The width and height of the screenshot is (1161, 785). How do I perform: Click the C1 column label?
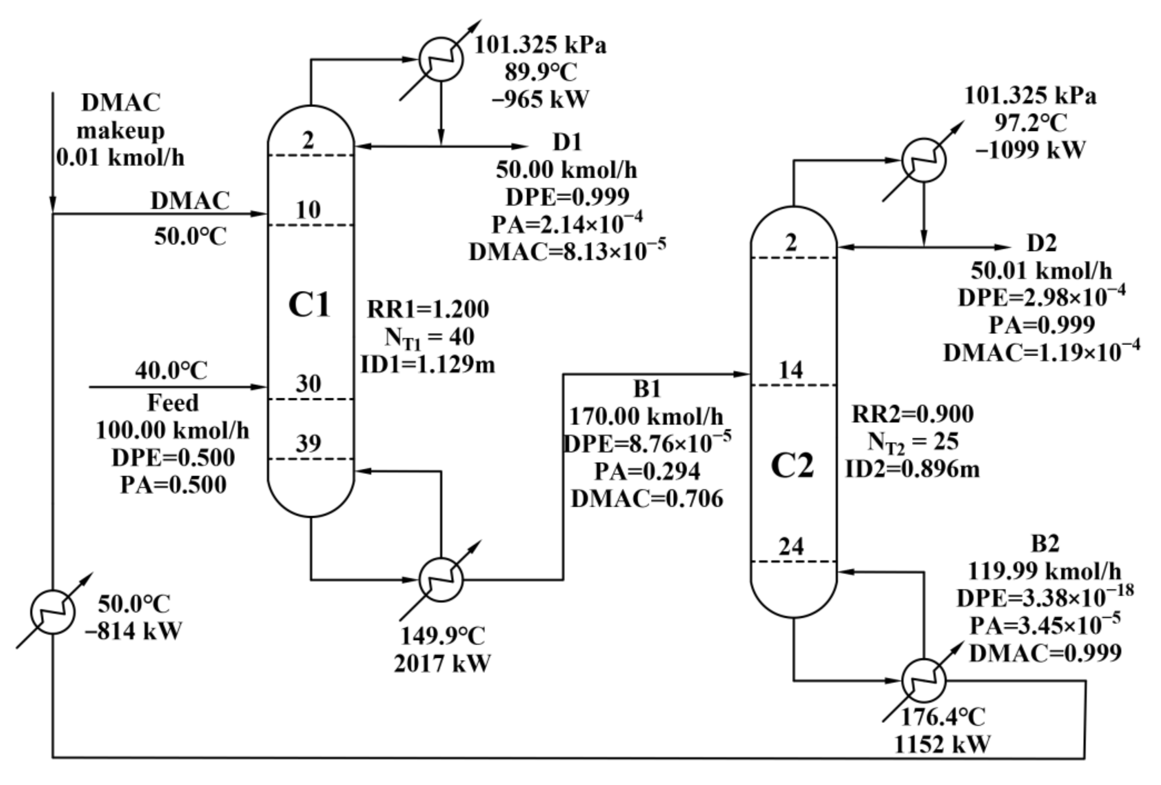310,306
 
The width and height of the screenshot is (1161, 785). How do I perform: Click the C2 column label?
792,466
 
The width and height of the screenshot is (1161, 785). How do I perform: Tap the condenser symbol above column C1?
441,59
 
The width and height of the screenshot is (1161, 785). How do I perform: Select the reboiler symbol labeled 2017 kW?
441,579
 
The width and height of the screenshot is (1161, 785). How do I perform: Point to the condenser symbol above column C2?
923,160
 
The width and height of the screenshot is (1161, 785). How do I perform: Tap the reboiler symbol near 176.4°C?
923,680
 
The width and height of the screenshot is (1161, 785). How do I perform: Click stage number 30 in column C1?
308,384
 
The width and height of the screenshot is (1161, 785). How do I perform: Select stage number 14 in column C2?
791,370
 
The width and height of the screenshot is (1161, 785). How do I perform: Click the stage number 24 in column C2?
791,547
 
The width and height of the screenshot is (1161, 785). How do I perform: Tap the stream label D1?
567,143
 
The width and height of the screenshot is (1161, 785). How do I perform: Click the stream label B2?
1045,544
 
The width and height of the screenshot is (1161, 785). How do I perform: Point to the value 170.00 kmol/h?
646,416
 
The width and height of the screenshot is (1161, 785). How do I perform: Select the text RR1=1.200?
428,309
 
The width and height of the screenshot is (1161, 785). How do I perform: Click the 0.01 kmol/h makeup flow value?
120,158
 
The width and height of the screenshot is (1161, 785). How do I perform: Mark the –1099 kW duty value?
1030,149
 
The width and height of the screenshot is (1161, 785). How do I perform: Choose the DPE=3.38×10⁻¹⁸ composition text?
1045,598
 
